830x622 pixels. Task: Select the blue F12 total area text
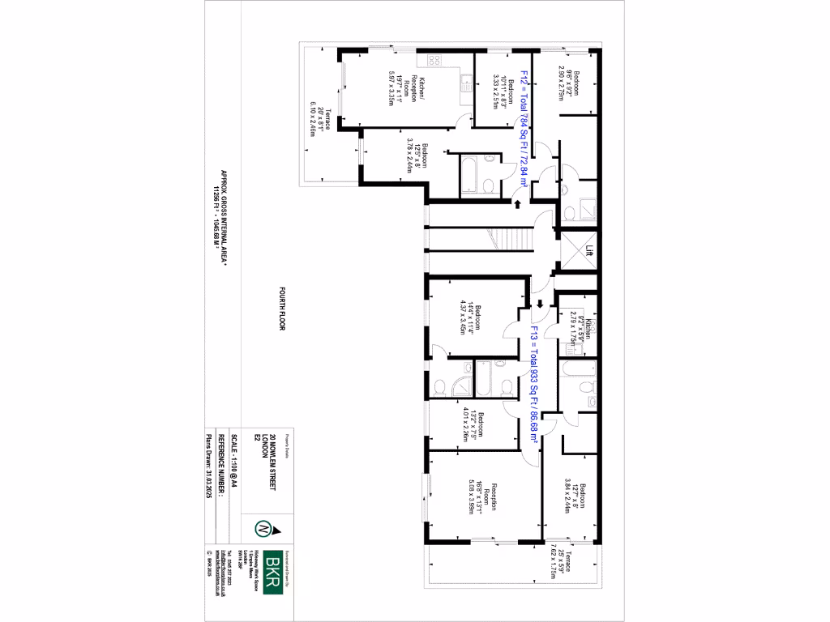pos(524,129)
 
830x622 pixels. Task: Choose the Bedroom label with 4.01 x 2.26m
pos(473,425)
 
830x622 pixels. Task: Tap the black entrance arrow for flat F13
pos(537,305)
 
